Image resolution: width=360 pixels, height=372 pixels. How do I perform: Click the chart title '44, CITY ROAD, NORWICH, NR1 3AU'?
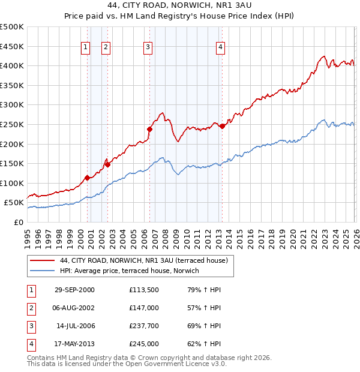[x=180, y=6]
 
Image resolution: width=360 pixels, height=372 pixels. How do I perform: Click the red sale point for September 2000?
[x=88, y=178]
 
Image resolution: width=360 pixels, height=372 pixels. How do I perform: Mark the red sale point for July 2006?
[x=149, y=128]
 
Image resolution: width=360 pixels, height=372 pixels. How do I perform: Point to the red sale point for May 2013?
[x=222, y=126]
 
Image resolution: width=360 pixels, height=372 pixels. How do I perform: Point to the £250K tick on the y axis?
[x=12, y=124]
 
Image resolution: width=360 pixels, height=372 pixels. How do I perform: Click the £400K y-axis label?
[x=12, y=65]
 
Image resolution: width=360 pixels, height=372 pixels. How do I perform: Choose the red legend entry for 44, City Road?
[x=143, y=261]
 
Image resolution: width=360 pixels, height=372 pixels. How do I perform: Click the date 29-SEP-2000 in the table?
[x=74, y=290]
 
